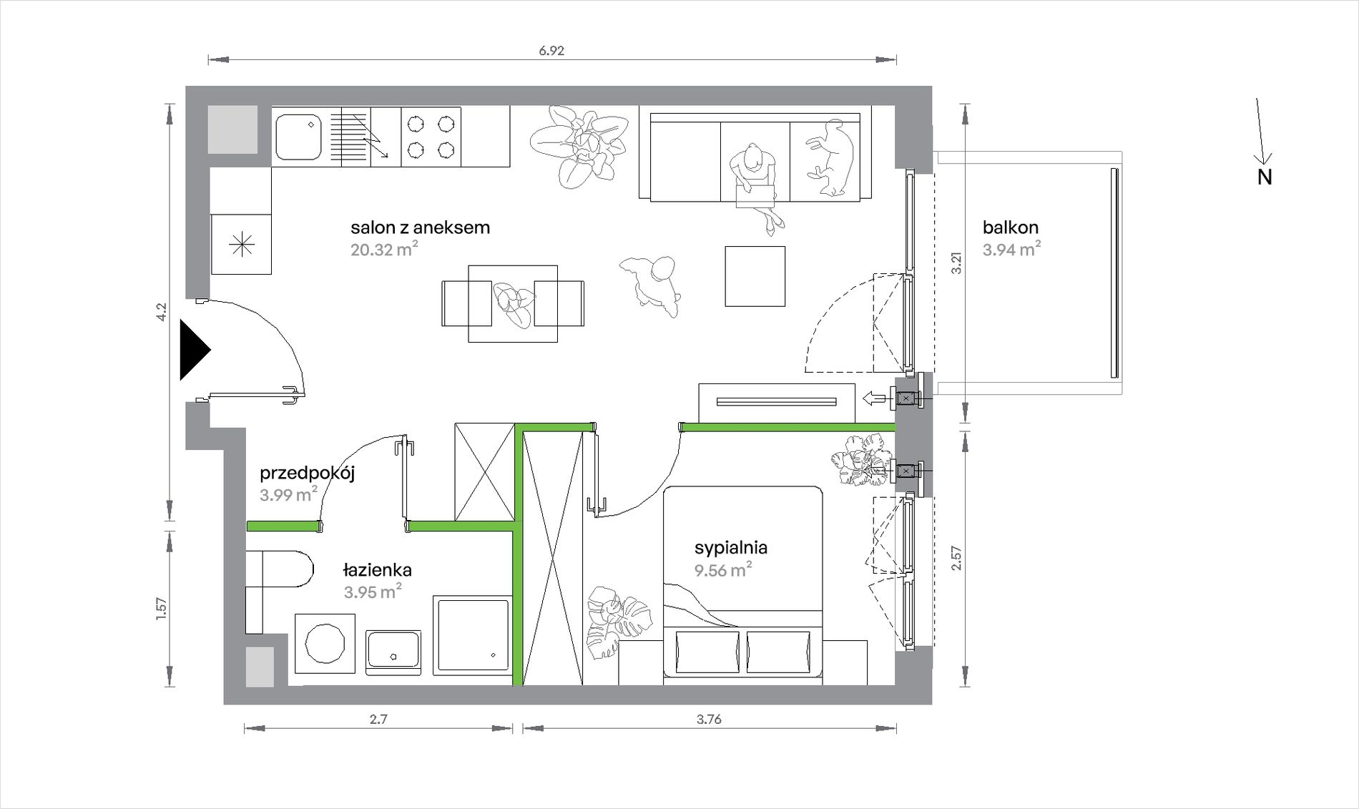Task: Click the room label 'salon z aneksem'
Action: click(x=420, y=227)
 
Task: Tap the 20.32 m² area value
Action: click(x=384, y=248)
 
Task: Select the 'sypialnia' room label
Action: click(x=731, y=548)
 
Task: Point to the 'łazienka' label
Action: click(x=377, y=569)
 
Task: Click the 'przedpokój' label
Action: click(x=308, y=474)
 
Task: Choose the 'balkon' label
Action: click(x=1011, y=227)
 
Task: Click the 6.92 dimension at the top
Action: click(x=551, y=51)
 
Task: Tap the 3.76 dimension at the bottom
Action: click(x=709, y=720)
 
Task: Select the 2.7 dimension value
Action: click(x=378, y=720)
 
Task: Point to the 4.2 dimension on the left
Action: click(x=161, y=312)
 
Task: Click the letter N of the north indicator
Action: click(x=1265, y=177)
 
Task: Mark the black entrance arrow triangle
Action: click(x=195, y=350)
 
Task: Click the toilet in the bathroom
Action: click(x=279, y=591)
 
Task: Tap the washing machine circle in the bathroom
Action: click(x=325, y=643)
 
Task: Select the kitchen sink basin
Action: click(x=300, y=137)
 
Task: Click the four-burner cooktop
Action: click(x=431, y=137)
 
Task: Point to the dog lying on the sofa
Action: click(x=830, y=157)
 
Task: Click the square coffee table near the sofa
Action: click(x=755, y=276)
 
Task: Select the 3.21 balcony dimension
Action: click(x=956, y=263)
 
